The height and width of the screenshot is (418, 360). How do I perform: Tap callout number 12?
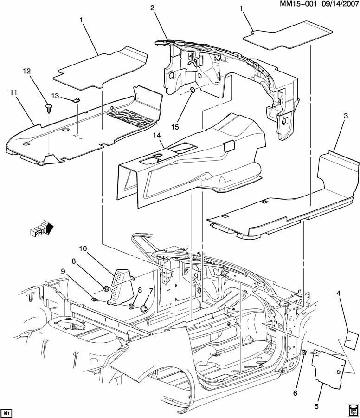click(26, 71)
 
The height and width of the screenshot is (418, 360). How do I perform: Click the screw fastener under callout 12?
click(49, 108)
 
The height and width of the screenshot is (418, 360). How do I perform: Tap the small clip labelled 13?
click(76, 99)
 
